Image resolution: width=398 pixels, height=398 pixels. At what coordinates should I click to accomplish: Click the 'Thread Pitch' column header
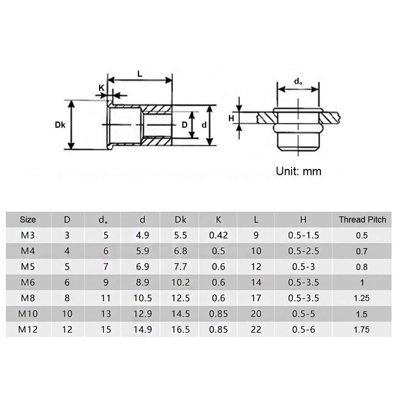click(x=362, y=220)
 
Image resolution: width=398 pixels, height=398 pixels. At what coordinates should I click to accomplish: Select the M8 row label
click(x=28, y=298)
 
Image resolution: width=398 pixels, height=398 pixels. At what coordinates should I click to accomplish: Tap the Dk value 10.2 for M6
click(x=181, y=282)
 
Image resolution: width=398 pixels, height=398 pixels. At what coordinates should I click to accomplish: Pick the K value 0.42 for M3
click(x=218, y=235)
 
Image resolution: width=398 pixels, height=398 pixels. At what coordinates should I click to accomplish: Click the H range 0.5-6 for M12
click(x=303, y=330)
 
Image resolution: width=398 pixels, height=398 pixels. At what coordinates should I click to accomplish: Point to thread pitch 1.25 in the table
click(x=362, y=298)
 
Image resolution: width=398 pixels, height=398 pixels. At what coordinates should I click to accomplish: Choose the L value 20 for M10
click(x=256, y=314)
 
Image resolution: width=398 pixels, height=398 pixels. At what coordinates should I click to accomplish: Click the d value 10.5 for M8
click(x=143, y=298)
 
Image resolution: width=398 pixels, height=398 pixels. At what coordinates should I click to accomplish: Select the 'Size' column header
click(x=28, y=220)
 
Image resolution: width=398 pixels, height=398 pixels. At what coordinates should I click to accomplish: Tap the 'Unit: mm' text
click(x=298, y=171)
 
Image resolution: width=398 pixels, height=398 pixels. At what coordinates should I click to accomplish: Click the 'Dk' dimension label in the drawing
click(x=60, y=124)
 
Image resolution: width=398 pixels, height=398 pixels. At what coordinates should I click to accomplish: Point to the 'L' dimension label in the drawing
click(x=140, y=74)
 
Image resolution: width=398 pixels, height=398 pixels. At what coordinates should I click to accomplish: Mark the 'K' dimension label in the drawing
click(x=101, y=88)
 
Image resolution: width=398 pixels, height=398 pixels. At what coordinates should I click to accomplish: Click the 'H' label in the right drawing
click(x=232, y=119)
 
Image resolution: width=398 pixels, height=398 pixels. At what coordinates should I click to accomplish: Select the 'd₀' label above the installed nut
click(x=298, y=82)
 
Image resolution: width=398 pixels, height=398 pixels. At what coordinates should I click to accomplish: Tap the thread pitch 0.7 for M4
click(x=362, y=251)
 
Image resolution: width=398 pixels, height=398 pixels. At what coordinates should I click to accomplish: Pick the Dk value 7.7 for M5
click(x=181, y=267)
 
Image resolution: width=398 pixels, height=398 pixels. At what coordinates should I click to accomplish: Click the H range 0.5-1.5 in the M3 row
click(x=303, y=235)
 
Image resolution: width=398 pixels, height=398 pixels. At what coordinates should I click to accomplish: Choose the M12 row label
click(x=28, y=330)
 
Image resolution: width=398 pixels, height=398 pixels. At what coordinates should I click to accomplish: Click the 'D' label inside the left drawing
click(x=184, y=124)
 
